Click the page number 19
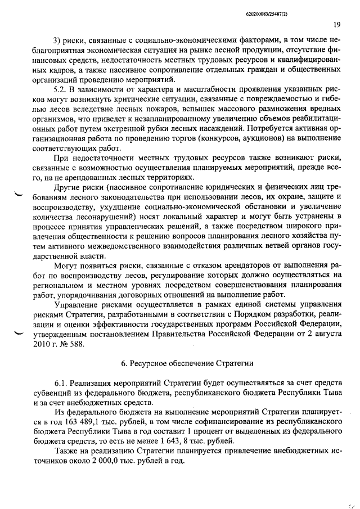[x=336, y=24]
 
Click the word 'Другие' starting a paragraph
[x=68, y=188]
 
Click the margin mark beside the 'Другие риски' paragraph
[x=18, y=195]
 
